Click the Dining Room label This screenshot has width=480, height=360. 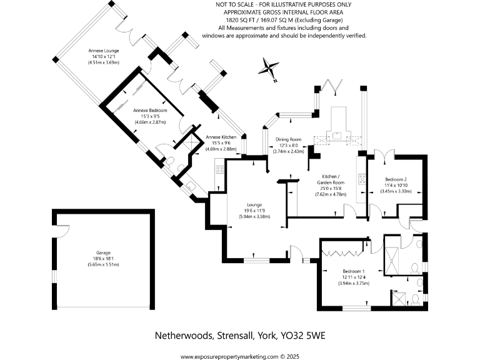click(289, 139)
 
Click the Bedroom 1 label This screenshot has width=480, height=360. click(352, 271)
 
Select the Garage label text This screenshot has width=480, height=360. click(103, 253)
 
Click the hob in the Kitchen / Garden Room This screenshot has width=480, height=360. click(361, 179)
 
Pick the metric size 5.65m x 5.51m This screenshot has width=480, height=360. click(103, 265)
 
